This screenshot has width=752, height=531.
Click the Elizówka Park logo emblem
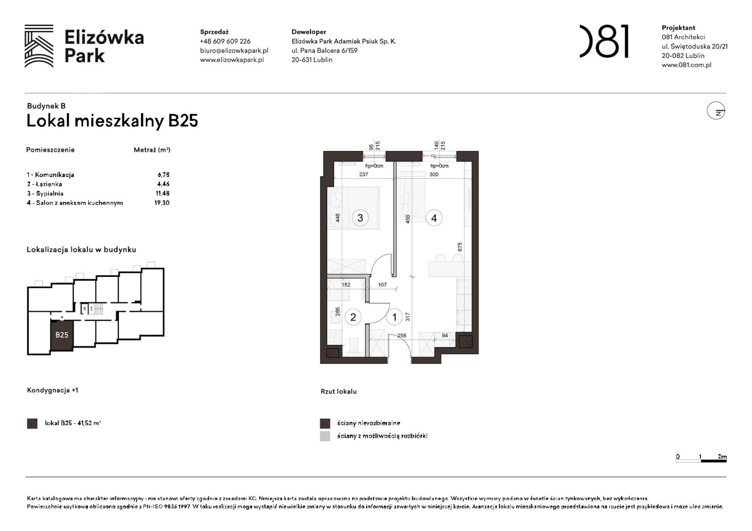pos(39,46)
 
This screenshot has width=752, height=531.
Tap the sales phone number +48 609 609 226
pos(225,41)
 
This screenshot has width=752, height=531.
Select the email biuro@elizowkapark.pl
pos(234,50)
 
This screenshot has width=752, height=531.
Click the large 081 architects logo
pos(604,41)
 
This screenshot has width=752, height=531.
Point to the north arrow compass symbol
pos(716,111)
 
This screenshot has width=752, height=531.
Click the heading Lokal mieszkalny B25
pos(112,121)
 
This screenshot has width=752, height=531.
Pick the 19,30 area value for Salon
pos(162,203)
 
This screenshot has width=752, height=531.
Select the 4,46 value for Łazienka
pos(163,184)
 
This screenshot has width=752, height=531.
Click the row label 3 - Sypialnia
pos(45,193)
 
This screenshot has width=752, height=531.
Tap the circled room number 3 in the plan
pos(360,218)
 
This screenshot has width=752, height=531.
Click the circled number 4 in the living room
pos(434,218)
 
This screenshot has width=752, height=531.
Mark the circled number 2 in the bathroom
pos(353,317)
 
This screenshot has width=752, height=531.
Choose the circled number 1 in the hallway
pos(394,317)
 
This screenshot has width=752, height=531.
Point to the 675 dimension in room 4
pos(459,247)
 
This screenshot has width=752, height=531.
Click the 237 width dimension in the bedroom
pos(363,175)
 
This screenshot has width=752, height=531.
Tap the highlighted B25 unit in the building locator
pos(62,335)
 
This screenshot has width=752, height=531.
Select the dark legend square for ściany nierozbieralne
pos(325,423)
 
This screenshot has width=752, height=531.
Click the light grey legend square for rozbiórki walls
pos(325,436)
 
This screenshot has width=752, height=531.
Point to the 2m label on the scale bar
pos(722,456)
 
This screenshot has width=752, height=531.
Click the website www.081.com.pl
pos(686,65)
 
